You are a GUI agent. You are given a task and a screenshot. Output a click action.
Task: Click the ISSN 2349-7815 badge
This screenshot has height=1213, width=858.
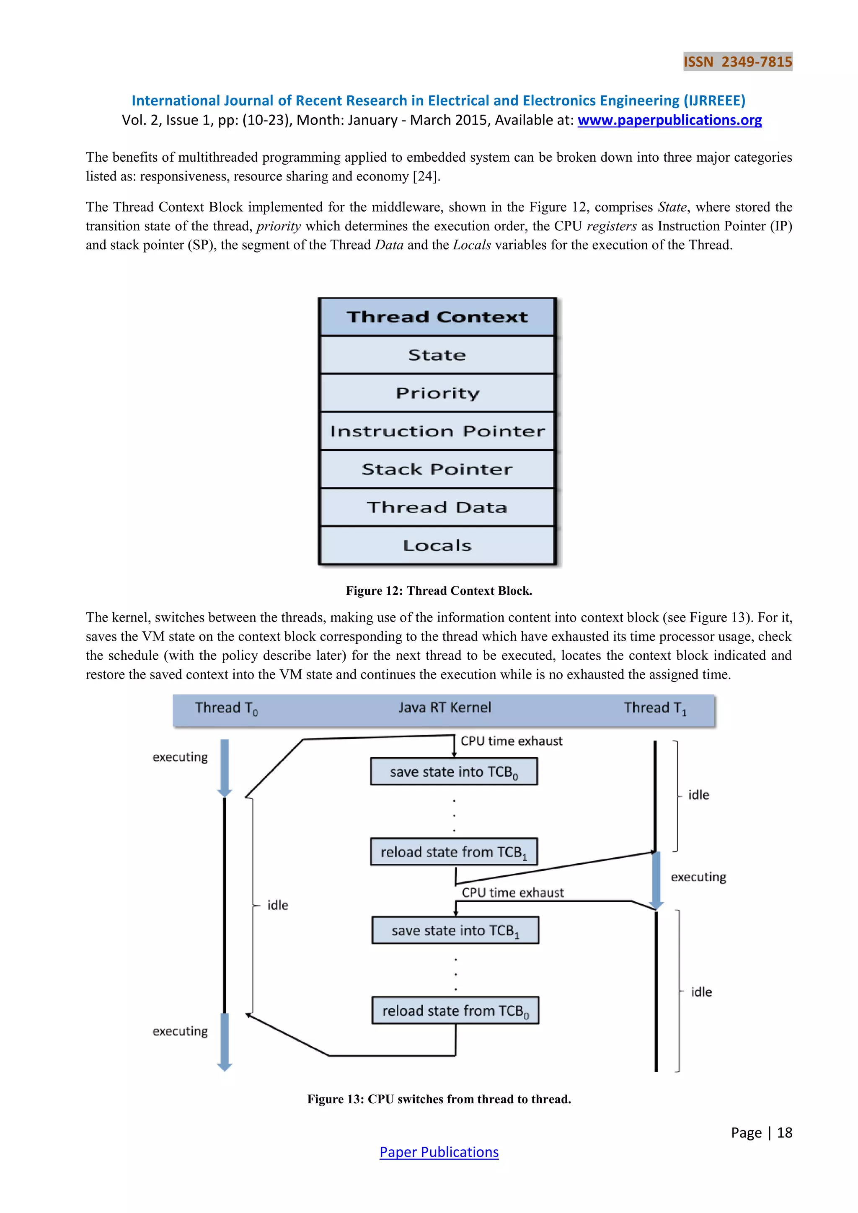click(737, 62)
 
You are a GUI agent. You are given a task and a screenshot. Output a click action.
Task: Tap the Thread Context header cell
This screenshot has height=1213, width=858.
click(437, 317)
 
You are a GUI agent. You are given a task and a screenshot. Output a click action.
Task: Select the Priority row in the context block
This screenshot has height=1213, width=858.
click(437, 393)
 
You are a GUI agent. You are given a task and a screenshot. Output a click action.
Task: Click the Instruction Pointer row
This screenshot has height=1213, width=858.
click(437, 431)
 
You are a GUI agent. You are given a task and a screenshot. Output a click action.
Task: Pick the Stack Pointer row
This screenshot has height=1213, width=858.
click(437, 469)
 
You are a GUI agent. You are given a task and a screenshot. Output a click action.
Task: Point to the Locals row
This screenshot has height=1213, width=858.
click(437, 545)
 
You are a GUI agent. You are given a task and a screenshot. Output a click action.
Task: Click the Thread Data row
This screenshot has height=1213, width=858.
click(437, 507)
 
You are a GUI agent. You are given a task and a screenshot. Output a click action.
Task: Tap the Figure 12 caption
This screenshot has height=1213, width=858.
click(439, 591)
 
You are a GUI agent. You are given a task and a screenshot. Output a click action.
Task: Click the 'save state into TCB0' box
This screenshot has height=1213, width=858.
click(454, 772)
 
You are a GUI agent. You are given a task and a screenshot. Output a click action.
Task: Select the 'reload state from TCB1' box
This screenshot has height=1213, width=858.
click(454, 852)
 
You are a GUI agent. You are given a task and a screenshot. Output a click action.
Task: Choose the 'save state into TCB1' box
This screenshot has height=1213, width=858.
click(455, 930)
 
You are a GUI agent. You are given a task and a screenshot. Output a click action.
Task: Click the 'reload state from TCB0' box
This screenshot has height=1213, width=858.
click(455, 1010)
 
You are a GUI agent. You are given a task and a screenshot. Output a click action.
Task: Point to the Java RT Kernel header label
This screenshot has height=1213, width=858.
click(445, 707)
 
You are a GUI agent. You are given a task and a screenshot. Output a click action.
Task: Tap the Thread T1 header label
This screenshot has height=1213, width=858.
click(654, 708)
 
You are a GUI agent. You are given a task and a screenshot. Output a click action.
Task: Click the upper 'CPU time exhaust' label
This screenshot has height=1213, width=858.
click(511, 741)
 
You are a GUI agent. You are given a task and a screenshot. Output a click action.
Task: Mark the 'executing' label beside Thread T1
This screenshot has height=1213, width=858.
click(698, 877)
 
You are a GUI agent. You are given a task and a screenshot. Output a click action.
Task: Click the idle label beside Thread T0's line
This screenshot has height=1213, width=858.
click(277, 905)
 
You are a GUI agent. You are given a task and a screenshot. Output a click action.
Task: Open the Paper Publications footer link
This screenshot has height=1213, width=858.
click(439, 1152)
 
